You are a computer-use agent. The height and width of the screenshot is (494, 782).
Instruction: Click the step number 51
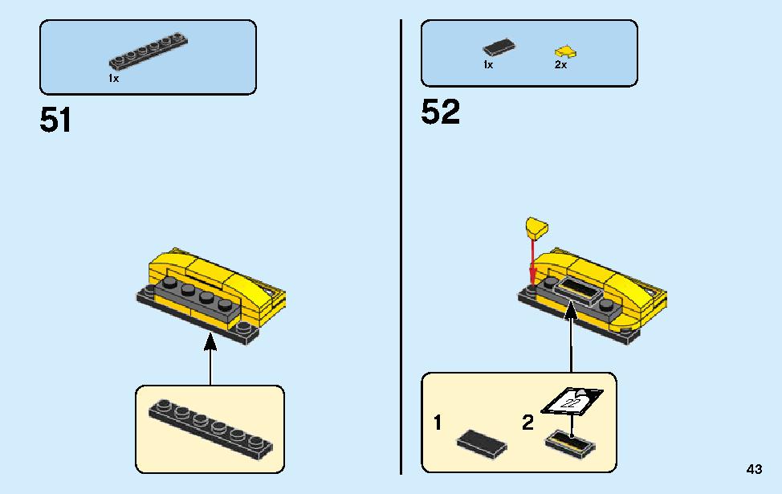coord(55,120)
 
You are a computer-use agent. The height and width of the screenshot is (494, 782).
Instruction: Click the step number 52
coord(440,112)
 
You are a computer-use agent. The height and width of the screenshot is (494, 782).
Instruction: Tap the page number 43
coord(754,469)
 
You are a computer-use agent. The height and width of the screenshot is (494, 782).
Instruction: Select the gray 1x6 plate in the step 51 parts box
coord(148,51)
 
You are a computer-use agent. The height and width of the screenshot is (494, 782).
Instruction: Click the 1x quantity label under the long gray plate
coord(114,79)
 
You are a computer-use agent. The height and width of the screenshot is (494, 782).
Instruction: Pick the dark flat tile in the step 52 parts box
coord(499,47)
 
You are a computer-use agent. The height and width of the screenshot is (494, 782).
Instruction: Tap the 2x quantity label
coord(560,65)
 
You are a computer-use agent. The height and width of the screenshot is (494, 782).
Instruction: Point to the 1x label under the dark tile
coord(488,65)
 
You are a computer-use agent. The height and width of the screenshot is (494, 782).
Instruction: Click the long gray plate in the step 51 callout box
coord(210,430)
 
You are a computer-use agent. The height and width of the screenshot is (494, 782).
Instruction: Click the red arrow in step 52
coord(532,263)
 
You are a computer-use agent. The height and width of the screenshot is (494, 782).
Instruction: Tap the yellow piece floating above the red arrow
coord(536,227)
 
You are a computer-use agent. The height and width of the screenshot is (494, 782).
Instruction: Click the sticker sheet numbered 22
coord(572,401)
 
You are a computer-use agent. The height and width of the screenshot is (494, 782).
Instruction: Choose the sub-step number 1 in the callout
coord(438,423)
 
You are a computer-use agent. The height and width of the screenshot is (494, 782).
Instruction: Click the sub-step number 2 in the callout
coord(527,423)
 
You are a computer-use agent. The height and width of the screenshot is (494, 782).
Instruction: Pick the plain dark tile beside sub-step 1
coord(482,443)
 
